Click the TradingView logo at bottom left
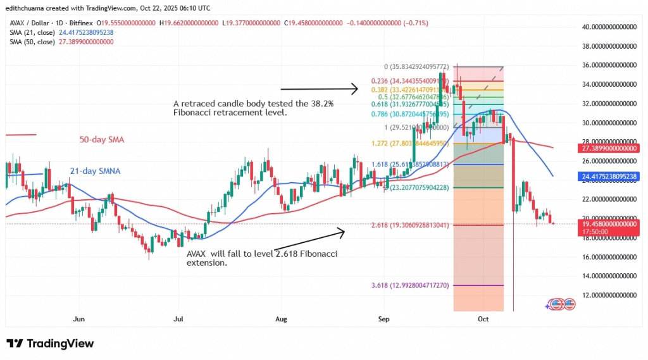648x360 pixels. point(50,344)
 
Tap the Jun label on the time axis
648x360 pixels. point(79,320)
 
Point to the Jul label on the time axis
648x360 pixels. point(178,320)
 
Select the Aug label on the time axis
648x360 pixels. point(280,320)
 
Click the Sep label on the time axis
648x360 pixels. point(384,320)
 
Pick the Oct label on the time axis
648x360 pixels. point(484,320)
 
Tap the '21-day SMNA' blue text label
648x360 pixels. point(95,170)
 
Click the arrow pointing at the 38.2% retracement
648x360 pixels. point(320,89)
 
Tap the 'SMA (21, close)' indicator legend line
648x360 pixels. point(59,33)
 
